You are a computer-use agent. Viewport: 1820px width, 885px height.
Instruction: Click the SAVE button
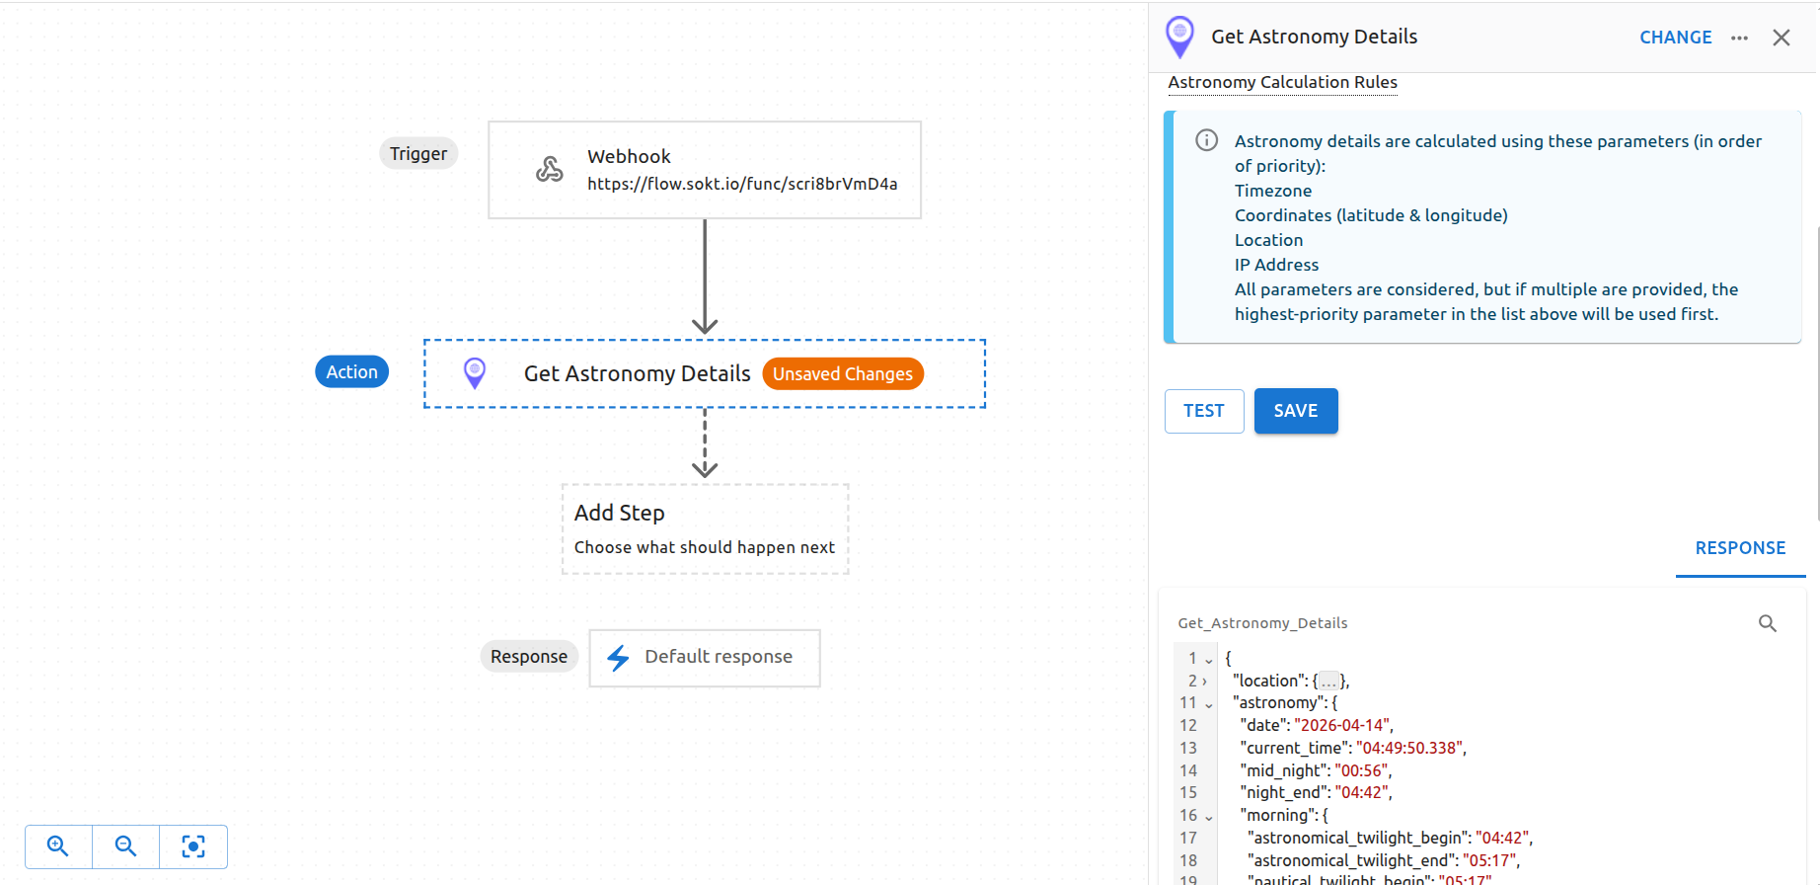click(x=1295, y=411)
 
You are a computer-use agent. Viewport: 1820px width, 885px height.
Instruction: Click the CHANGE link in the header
click(x=1675, y=38)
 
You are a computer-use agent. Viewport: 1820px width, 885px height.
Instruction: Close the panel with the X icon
click(x=1781, y=38)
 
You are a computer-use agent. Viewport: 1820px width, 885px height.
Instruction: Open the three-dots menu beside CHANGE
click(x=1739, y=38)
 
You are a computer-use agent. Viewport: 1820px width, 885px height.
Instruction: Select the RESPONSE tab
click(x=1739, y=548)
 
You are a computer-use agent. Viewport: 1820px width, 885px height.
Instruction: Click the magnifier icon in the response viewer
click(x=1767, y=623)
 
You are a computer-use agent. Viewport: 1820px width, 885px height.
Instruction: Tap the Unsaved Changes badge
click(x=842, y=374)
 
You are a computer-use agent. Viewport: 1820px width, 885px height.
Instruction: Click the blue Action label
click(x=351, y=372)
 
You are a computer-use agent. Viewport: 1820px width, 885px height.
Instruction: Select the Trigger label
click(x=417, y=154)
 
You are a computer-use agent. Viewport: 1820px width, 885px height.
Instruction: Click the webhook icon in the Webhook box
click(x=549, y=169)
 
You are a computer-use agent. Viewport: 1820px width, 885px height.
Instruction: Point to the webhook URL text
click(x=741, y=184)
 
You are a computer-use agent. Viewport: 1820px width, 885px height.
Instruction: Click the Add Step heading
click(x=619, y=514)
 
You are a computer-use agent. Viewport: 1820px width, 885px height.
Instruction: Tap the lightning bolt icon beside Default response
click(x=618, y=658)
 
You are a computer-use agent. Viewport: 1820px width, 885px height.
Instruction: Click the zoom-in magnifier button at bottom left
click(x=58, y=846)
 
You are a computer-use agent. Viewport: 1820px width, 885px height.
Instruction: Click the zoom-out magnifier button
click(x=125, y=846)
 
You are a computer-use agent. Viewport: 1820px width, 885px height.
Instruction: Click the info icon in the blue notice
click(x=1206, y=140)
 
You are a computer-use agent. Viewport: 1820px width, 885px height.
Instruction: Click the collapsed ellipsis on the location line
click(x=1328, y=682)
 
